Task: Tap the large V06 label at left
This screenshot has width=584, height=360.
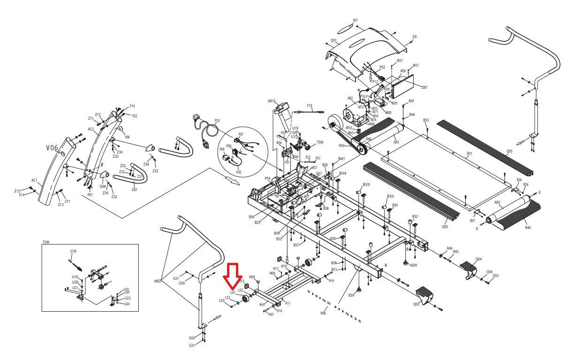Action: pyautogui.click(x=52, y=148)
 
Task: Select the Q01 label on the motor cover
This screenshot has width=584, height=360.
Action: pyautogui.click(x=334, y=41)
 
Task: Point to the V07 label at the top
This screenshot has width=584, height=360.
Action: pyautogui.click(x=355, y=21)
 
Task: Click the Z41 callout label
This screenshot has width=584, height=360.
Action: pyautogui.click(x=415, y=37)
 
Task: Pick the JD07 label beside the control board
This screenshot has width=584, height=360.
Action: pyautogui.click(x=424, y=87)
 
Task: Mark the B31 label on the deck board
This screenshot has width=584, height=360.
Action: pyautogui.click(x=470, y=153)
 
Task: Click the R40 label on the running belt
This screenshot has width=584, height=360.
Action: pyautogui.click(x=528, y=228)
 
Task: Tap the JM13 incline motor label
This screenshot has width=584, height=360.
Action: pyautogui.click(x=272, y=101)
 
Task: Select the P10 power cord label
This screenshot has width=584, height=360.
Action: pyautogui.click(x=217, y=121)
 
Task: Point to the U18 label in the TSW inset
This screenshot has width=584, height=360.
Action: pyautogui.click(x=73, y=251)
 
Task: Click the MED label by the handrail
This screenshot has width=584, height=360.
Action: pyautogui.click(x=158, y=282)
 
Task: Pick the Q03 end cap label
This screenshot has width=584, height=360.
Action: pyautogui.click(x=416, y=304)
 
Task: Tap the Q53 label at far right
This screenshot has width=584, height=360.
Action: pyautogui.click(x=496, y=276)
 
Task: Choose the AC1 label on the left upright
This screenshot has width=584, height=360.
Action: pyautogui.click(x=34, y=180)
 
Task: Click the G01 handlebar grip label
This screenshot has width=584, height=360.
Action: pyautogui.click(x=135, y=190)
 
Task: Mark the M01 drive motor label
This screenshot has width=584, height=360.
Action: pyautogui.click(x=350, y=98)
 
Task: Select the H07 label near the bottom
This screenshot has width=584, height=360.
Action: pyautogui.click(x=271, y=314)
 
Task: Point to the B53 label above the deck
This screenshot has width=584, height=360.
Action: pyautogui.click(x=426, y=121)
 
